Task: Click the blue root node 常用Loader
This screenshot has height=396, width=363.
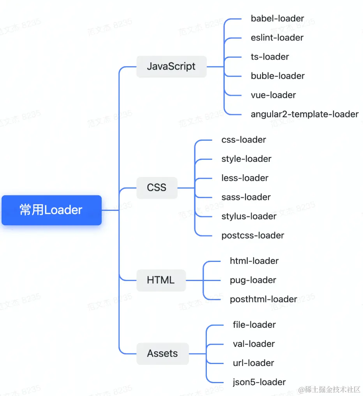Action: pyautogui.click(x=51, y=210)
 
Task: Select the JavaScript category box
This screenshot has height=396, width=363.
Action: pyautogui.click(x=171, y=66)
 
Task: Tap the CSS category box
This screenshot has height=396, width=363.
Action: pyautogui.click(x=157, y=187)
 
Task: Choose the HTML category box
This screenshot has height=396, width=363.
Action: pyautogui.click(x=161, y=280)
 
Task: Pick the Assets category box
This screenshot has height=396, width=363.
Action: pyautogui.click(x=162, y=354)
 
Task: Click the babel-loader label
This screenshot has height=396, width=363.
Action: pyautogui.click(x=277, y=18)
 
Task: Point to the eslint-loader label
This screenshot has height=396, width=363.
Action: pyautogui.click(x=277, y=37)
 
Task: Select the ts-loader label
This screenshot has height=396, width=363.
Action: pyautogui.click(x=270, y=57)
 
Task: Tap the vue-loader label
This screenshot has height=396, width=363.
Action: pyautogui.click(x=273, y=95)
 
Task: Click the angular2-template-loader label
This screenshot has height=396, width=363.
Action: pyautogui.click(x=305, y=114)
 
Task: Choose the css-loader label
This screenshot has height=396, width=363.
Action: pyautogui.click(x=244, y=140)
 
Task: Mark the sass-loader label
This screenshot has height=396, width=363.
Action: pyautogui.click(x=246, y=197)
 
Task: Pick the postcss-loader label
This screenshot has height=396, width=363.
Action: pyautogui.click(x=253, y=235)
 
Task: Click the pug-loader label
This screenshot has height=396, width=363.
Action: pyautogui.click(x=253, y=280)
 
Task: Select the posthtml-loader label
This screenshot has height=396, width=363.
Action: pyautogui.click(x=263, y=299)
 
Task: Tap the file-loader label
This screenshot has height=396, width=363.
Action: pyautogui.click(x=254, y=325)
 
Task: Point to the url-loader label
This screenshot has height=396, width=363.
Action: pyautogui.click(x=254, y=363)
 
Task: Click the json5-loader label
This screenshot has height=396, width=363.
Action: pyautogui.click(x=259, y=382)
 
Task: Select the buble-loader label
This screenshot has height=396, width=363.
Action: pyautogui.click(x=278, y=76)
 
